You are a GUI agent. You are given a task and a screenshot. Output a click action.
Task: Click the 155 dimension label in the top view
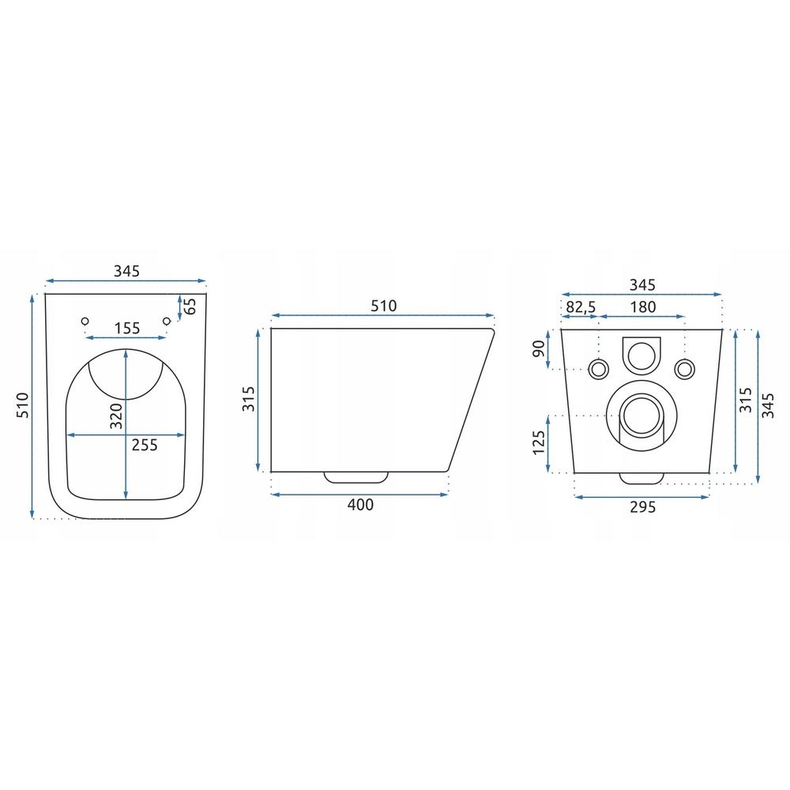click(x=127, y=328)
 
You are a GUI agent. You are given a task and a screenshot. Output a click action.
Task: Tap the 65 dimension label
click(x=190, y=307)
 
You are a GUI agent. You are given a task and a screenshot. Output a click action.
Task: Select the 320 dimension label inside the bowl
click(x=116, y=416)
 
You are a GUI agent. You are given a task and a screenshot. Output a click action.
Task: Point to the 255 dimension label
click(x=145, y=445)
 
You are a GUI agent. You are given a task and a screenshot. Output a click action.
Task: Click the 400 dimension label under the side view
click(x=361, y=504)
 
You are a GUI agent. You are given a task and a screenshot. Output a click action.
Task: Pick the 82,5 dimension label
click(x=581, y=307)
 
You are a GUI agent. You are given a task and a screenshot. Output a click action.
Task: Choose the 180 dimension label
click(x=643, y=307)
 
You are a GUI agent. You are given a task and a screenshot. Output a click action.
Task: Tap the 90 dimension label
click(x=539, y=348)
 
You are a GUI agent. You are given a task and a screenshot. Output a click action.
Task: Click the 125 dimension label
click(x=539, y=442)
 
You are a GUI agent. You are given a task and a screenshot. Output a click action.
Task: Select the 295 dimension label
click(x=643, y=507)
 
